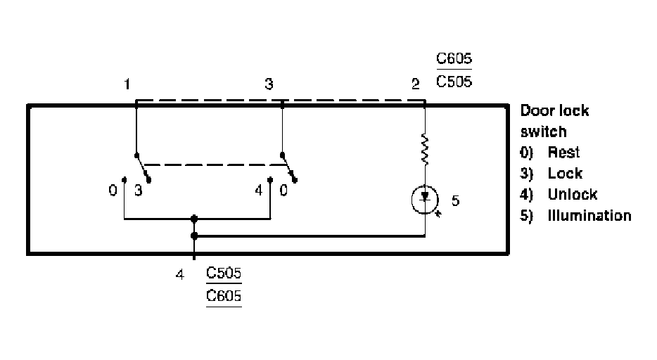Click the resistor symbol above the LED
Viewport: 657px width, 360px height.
[425, 150]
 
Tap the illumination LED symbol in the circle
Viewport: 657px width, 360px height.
[424, 200]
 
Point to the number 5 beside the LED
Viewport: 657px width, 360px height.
[455, 201]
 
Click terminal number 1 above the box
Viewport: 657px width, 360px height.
[127, 84]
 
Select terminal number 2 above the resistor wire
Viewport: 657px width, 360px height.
[416, 85]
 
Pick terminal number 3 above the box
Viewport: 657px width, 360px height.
[269, 84]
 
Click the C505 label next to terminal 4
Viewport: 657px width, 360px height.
[224, 273]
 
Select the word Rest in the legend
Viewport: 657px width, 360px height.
[563, 153]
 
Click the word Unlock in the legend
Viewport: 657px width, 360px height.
[573, 195]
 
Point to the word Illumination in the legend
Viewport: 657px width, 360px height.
[589, 216]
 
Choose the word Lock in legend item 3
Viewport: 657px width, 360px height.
[565, 174]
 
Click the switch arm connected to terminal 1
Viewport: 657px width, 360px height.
[143, 167]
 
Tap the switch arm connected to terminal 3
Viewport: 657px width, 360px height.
[289, 168]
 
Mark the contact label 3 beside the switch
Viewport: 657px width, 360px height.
[138, 190]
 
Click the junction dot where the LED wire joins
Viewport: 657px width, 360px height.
[194, 236]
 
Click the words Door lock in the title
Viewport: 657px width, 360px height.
[554, 111]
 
